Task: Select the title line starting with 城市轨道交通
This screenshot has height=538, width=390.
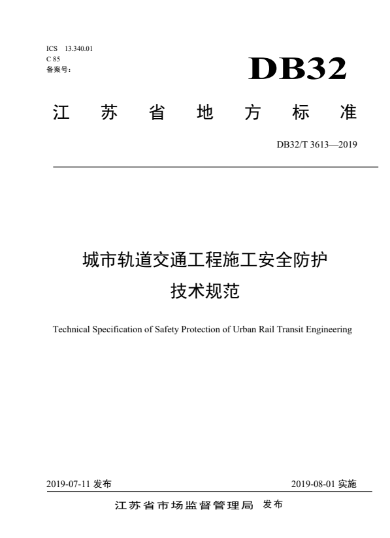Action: pos(205,261)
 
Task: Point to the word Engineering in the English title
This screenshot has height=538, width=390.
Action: pos(329,330)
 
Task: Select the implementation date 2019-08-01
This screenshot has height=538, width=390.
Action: pos(313,484)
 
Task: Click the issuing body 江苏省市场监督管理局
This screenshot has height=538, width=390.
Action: pos(183,506)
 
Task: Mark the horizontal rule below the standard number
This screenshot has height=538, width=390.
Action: pos(215,168)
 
